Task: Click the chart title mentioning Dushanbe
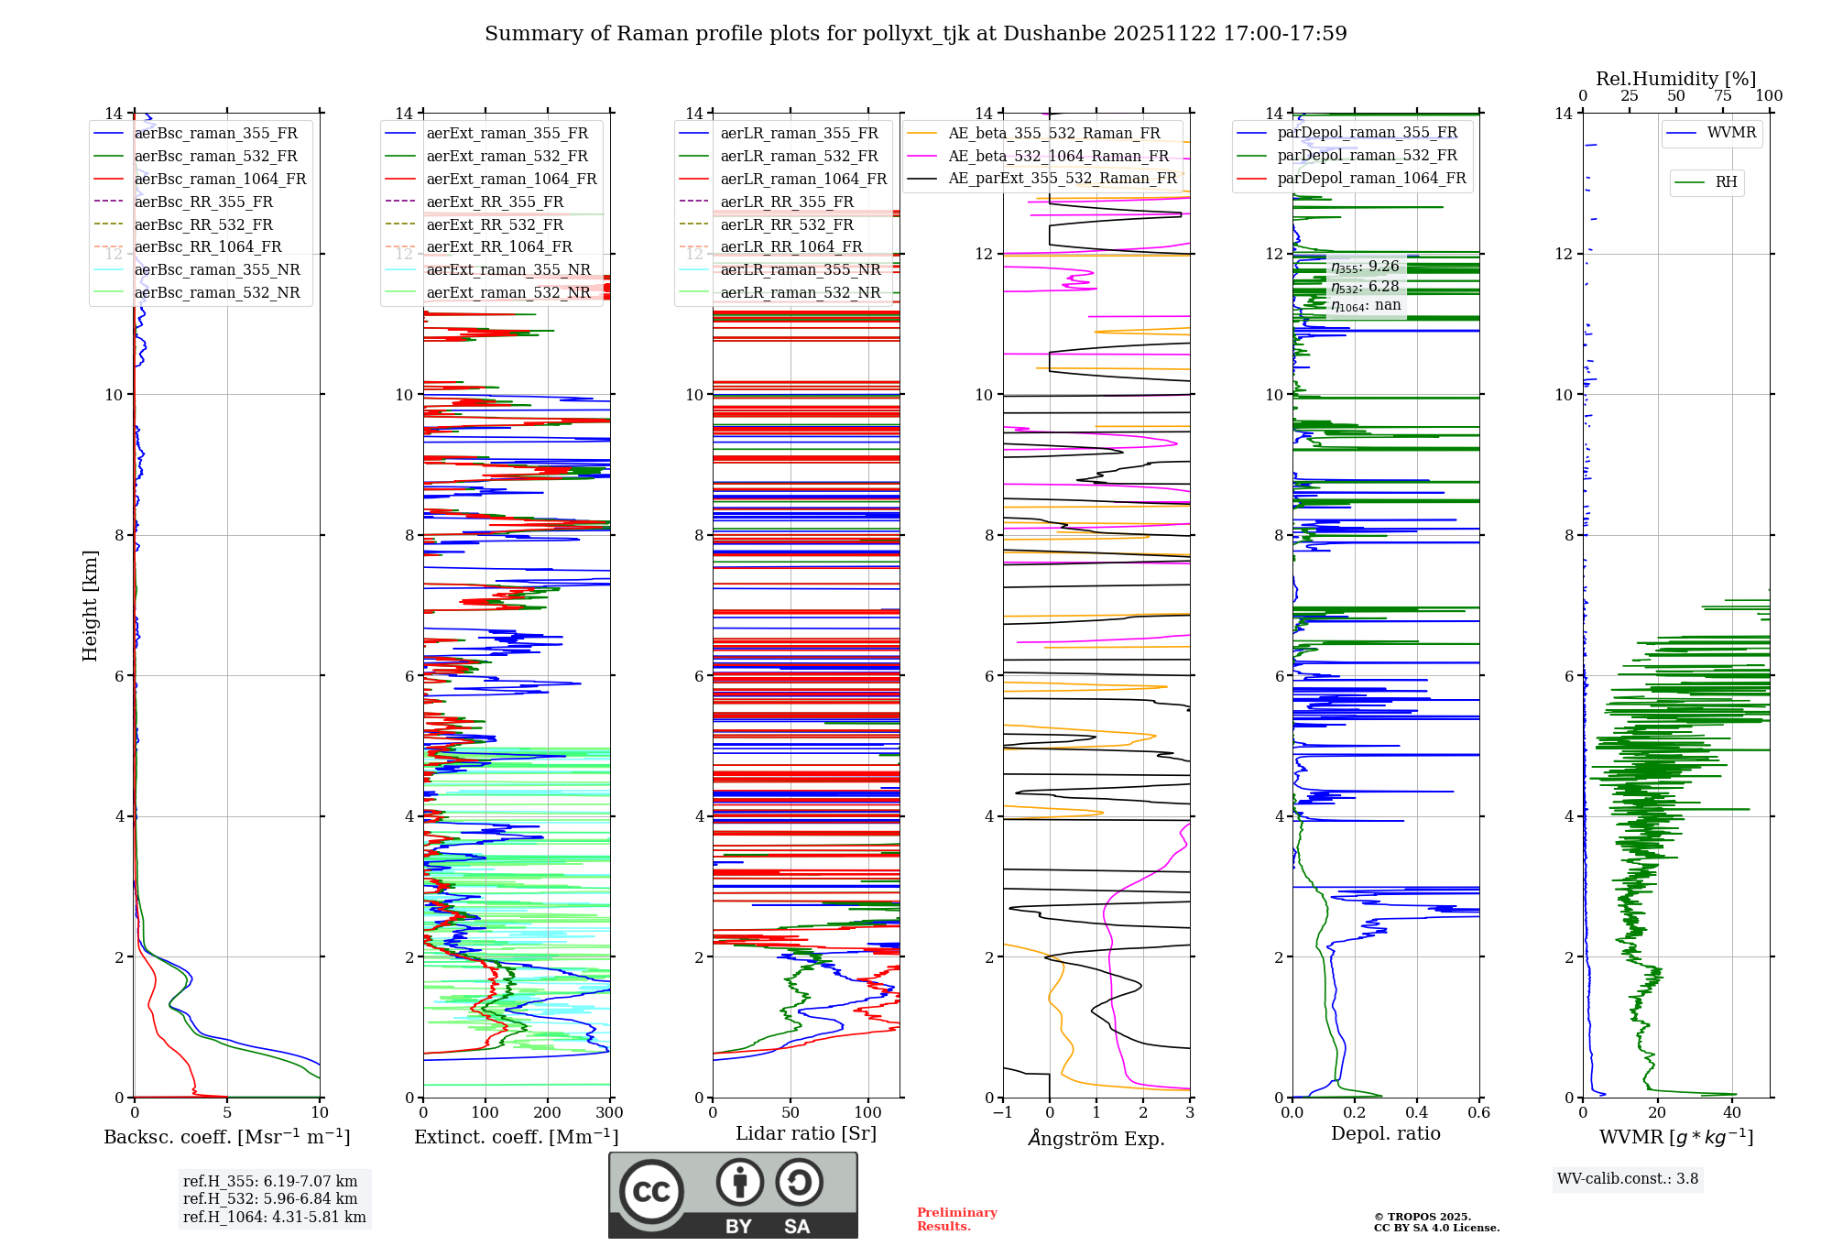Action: point(915,34)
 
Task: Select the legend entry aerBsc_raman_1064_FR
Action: point(220,179)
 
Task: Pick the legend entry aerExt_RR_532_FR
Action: point(495,224)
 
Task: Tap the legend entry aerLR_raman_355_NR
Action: point(800,269)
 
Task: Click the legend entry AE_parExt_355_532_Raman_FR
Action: point(1062,178)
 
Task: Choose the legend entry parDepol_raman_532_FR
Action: point(1367,155)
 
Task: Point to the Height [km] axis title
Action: point(90,605)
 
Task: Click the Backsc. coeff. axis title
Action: point(226,1137)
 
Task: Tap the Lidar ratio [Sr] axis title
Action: point(805,1133)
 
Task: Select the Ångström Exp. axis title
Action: point(1096,1138)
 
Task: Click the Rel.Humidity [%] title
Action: point(1675,79)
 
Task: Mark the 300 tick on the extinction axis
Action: point(609,1113)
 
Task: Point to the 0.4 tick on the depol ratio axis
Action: point(1416,1113)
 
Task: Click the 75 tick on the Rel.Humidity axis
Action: point(1722,96)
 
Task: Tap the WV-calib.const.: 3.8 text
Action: point(1627,1179)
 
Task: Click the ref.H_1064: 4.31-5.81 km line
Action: point(274,1217)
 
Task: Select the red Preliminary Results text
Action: point(956,1219)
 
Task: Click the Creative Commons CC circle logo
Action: point(651,1192)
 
